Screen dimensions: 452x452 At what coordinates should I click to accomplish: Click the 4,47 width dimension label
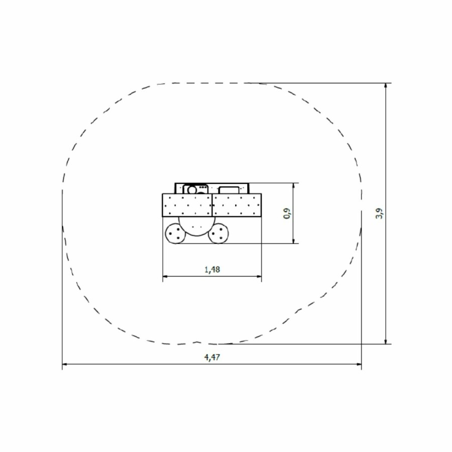(x=212, y=358)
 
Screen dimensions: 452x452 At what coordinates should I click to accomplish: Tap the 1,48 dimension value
(x=212, y=270)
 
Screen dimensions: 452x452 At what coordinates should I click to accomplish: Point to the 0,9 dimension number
(x=287, y=213)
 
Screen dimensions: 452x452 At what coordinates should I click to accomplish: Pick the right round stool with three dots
(x=218, y=234)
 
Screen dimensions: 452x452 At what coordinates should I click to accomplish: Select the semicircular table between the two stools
(x=197, y=226)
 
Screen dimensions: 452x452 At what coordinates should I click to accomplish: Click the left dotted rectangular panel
(x=187, y=205)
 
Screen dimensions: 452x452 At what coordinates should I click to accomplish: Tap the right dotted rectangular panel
(x=237, y=205)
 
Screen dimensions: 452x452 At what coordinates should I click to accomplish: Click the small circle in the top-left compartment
(x=192, y=190)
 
